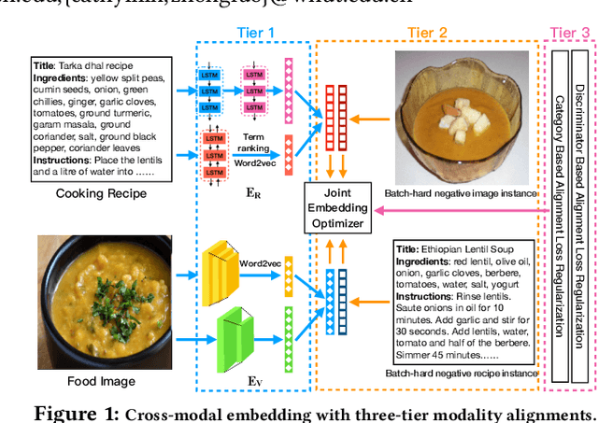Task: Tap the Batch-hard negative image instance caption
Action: pyautogui.click(x=460, y=193)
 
